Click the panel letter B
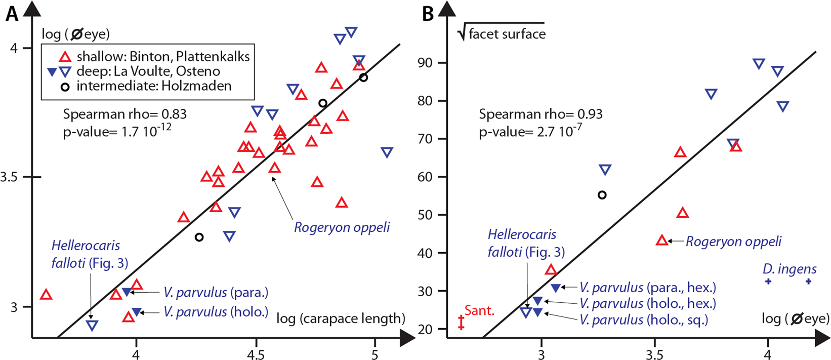tap(428, 14)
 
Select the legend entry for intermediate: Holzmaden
tap(154, 86)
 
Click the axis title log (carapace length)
tap(341, 318)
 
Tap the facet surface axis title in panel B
tap(507, 34)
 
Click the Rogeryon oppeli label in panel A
tap(342, 227)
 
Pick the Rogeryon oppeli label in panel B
tap(733, 242)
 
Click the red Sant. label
tap(479, 310)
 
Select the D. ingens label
tap(790, 269)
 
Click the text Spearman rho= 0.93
tap(541, 114)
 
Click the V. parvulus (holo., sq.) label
tap(643, 320)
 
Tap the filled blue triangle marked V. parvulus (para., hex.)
tap(556, 288)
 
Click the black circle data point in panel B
tap(602, 195)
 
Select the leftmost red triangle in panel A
tap(46, 295)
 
